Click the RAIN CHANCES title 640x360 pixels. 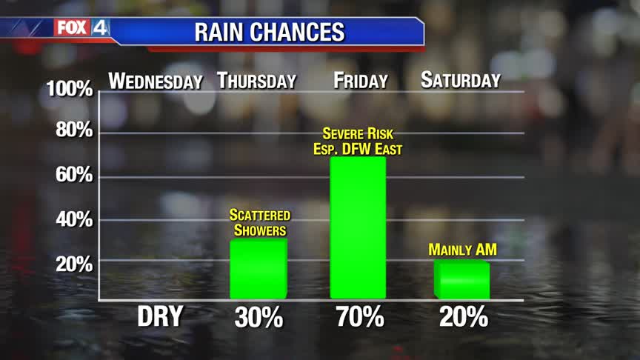click(x=269, y=32)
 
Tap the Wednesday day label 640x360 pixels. click(x=156, y=81)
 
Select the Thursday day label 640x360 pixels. click(x=257, y=81)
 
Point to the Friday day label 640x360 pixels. click(x=361, y=81)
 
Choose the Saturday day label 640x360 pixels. click(x=461, y=80)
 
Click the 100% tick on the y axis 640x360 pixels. click(x=69, y=90)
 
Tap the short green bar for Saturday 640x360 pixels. click(x=462, y=279)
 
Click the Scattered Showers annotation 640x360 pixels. click(x=259, y=222)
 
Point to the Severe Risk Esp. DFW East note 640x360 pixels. click(x=359, y=141)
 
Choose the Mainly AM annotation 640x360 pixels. click(x=462, y=250)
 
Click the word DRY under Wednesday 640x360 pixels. click(x=160, y=318)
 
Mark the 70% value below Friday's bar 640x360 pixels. click(x=361, y=318)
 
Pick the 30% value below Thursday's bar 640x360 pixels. click(x=259, y=318)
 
